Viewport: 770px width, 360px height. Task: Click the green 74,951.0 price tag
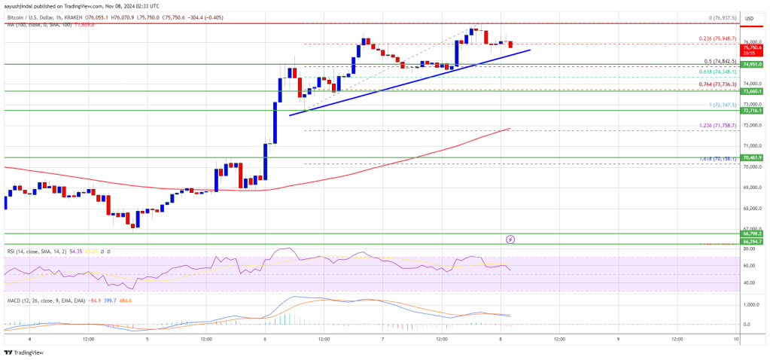click(753, 65)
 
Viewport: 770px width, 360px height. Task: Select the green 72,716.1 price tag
click(753, 110)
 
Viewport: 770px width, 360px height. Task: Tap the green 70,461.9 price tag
click(753, 157)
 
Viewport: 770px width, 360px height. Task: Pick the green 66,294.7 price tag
click(753, 241)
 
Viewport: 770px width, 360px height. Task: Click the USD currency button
click(750, 18)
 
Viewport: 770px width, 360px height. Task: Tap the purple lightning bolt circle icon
click(510, 239)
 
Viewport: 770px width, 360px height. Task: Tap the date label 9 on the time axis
click(618, 339)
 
